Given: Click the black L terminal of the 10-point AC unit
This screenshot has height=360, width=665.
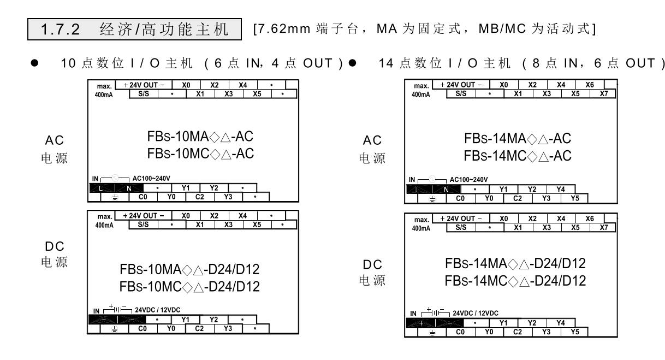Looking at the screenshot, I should pyautogui.click(x=101, y=187).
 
